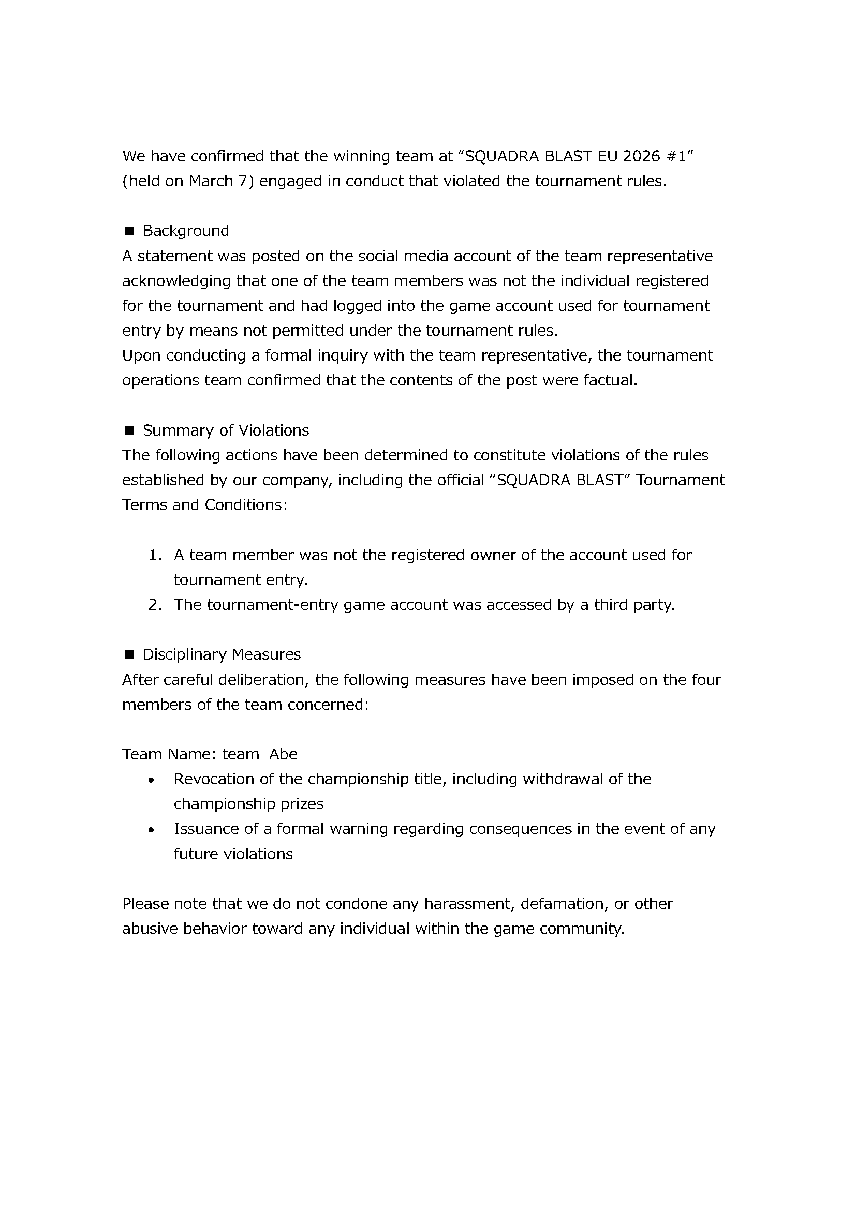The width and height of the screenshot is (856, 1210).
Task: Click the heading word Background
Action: pos(186,231)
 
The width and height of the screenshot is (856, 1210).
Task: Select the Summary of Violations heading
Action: pos(226,430)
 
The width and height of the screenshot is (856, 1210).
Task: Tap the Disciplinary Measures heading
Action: pos(222,654)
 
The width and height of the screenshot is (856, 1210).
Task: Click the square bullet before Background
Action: pos(129,231)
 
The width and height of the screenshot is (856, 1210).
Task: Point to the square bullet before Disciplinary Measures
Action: pos(129,654)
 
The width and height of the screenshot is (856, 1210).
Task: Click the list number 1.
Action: pos(154,555)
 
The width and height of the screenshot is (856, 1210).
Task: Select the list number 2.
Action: pos(154,605)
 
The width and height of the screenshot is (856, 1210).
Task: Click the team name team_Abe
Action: pos(260,754)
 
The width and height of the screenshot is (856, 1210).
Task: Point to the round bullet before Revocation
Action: pos(152,781)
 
